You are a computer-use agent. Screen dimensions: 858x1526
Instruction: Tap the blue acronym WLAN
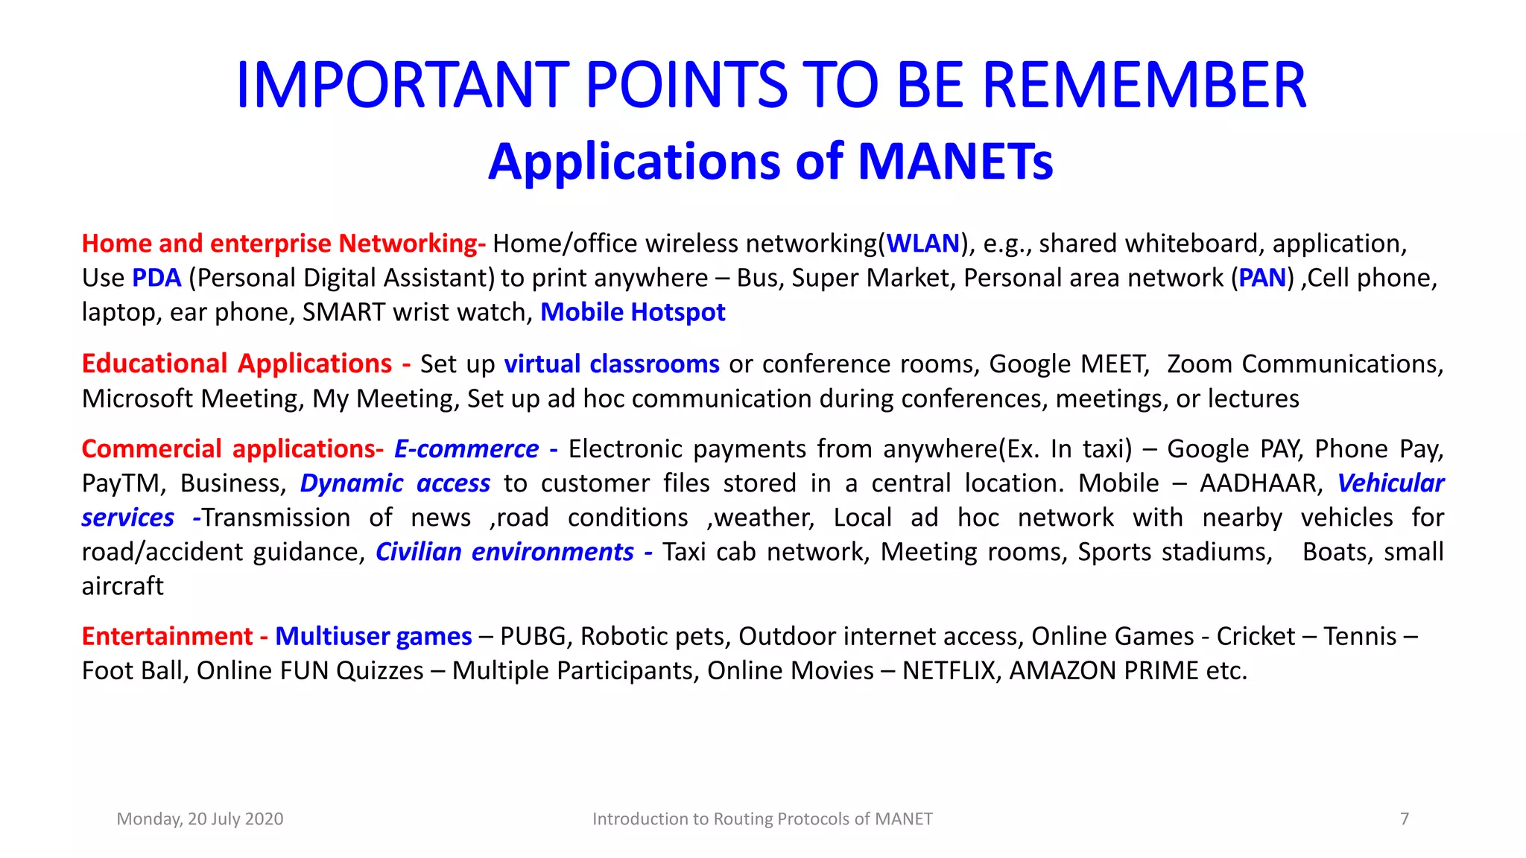(922, 244)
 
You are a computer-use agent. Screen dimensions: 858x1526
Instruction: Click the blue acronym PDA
(156, 278)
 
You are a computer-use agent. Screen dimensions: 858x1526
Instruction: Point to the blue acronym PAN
(1262, 278)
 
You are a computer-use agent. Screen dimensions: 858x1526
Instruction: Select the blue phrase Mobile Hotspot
(633, 312)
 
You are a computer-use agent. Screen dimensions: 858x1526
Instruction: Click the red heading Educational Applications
(237, 363)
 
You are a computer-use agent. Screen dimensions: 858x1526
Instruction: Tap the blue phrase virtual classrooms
(612, 363)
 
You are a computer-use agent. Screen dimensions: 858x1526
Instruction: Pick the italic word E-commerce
(466, 449)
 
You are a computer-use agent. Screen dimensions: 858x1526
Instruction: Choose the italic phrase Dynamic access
(395, 483)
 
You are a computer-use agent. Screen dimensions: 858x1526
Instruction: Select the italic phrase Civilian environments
(504, 552)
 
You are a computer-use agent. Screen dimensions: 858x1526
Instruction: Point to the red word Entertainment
(168, 636)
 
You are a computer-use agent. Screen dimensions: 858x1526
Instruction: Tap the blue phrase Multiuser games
(373, 636)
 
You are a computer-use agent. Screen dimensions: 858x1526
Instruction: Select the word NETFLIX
(948, 670)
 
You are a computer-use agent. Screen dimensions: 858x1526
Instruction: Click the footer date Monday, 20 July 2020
(200, 819)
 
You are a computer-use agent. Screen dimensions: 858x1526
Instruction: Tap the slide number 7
(1405, 819)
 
